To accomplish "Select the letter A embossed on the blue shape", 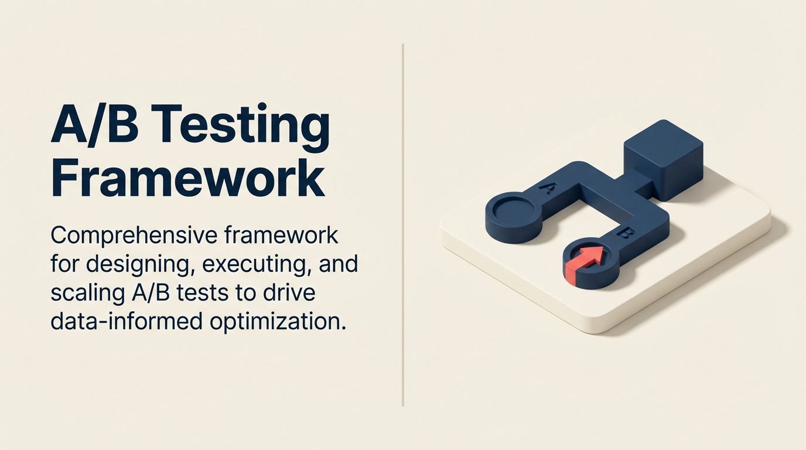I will [x=548, y=188].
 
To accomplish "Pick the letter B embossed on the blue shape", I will [x=624, y=234].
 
